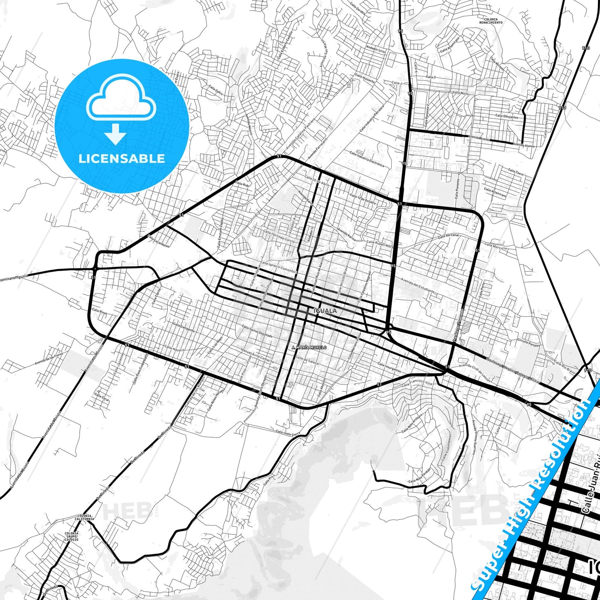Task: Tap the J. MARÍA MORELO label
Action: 309,347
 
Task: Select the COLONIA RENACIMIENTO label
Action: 490,21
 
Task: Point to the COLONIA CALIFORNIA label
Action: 84,517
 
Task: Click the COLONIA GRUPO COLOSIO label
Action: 71,536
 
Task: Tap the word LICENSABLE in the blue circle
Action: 122,158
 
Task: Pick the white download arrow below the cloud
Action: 115,135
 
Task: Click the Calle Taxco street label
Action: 516,171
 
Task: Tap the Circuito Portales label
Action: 529,343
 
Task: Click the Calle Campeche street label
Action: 184,327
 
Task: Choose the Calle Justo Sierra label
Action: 288,433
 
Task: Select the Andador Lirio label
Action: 376,49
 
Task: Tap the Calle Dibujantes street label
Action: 507,117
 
